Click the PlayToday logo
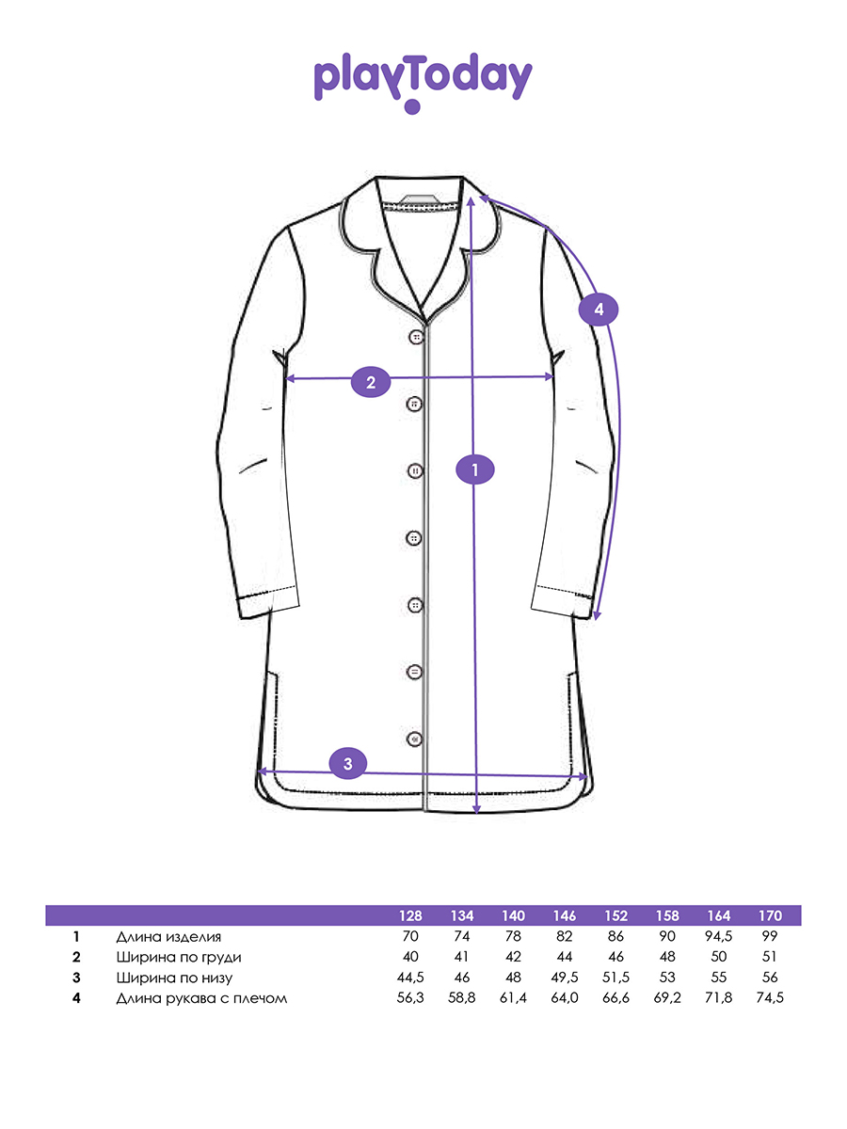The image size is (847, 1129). click(423, 83)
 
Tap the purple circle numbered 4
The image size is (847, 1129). click(599, 310)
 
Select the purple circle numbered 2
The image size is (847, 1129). click(371, 382)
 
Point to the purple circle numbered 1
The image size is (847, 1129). click(475, 469)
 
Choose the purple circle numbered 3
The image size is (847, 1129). click(348, 763)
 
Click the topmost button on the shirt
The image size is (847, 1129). click(416, 338)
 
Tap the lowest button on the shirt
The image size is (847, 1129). click(414, 739)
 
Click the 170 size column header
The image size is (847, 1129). click(770, 916)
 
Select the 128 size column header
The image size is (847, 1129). click(410, 916)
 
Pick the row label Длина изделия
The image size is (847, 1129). click(168, 937)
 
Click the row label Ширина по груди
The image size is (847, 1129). click(179, 957)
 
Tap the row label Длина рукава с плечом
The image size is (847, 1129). click(201, 998)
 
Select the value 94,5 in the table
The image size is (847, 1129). click(718, 937)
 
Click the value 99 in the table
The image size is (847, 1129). click(770, 937)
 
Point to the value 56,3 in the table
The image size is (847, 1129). click(410, 998)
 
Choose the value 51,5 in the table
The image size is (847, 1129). click(615, 978)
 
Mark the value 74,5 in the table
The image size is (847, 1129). click(770, 998)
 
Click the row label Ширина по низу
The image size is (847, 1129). click(174, 978)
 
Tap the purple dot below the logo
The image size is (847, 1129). click(412, 106)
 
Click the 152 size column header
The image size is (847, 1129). click(616, 916)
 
